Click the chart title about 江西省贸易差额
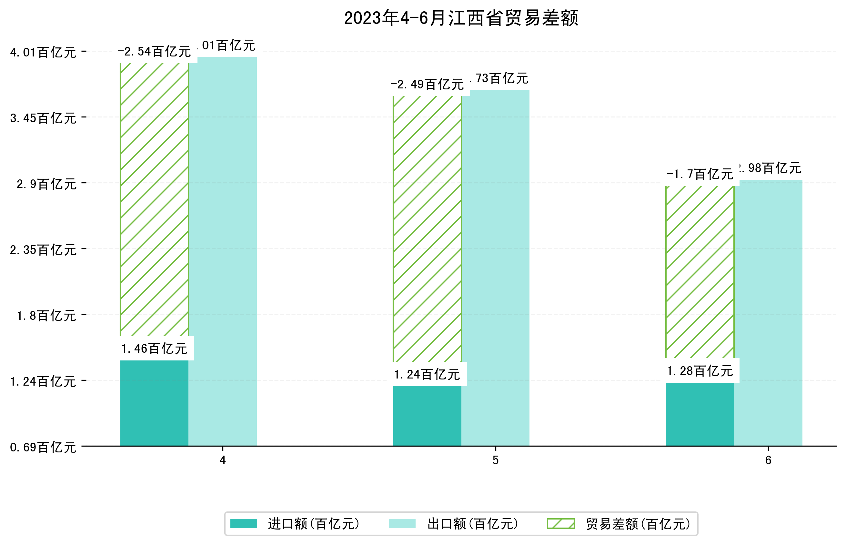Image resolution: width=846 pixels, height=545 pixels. coord(461,18)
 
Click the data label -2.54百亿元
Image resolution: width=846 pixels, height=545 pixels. coord(154,52)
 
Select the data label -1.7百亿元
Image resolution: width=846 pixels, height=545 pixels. coord(700,175)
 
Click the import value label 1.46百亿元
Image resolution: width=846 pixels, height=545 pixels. coord(154,349)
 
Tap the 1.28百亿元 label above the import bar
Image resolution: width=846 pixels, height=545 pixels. coord(700,371)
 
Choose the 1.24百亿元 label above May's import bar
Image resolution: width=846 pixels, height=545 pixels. coord(427,375)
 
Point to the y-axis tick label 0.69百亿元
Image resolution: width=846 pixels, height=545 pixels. coord(43,448)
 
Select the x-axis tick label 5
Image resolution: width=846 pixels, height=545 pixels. coord(495,460)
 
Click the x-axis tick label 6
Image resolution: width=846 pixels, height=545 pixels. coord(768,460)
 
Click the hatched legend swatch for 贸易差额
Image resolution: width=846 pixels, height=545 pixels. coord(560,524)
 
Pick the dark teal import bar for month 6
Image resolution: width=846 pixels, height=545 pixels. coord(700,414)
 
